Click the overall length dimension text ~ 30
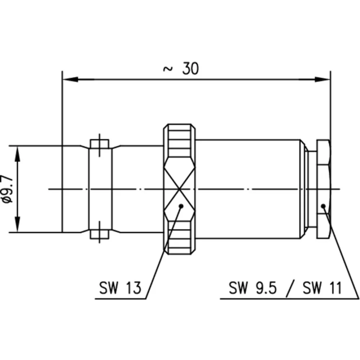pos(181,68)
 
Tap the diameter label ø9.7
pos(7,189)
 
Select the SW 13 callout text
pos(120,288)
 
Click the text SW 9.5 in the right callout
pos(253,288)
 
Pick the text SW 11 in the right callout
pos(322,288)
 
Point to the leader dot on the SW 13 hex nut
pos(181,206)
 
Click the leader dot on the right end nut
pos(324,206)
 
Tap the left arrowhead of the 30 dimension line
pos(70,80)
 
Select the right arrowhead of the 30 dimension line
pos(322,80)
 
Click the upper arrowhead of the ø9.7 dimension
pos(17,154)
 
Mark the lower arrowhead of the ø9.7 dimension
pos(17,224)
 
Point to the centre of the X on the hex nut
pos(179,189)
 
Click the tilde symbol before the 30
pos(168,69)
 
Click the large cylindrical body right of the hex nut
pos(248,189)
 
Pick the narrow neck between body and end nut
pos(312,189)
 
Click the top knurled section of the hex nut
pos(179,141)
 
